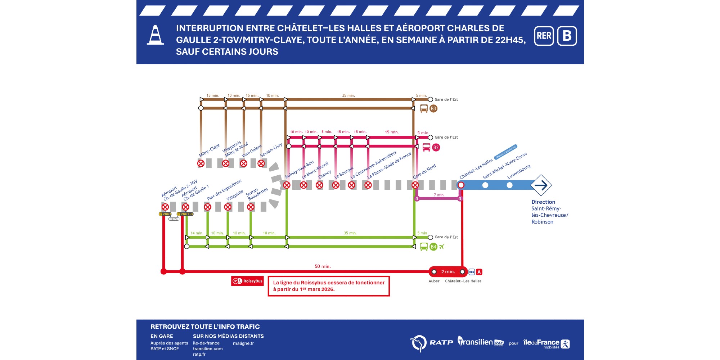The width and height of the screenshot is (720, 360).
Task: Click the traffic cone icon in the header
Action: [155, 35]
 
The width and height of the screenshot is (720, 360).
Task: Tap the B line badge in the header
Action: [567, 36]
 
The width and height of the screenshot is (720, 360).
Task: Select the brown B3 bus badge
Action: [433, 108]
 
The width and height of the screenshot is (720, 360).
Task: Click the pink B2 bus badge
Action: [436, 147]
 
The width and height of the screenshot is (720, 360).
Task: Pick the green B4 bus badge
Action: [433, 247]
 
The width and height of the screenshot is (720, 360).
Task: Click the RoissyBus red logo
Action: [247, 281]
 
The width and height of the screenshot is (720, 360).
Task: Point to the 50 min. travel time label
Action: [323, 266]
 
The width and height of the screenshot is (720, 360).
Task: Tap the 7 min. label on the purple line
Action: [439, 195]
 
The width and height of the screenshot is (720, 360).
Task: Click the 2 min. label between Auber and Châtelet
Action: [448, 272]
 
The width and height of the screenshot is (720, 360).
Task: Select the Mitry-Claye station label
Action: [209, 150]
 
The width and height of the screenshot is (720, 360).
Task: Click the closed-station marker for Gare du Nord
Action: [415, 185]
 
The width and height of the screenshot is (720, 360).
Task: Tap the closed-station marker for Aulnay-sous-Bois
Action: [287, 185]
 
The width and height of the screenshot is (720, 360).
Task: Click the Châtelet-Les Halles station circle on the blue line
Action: [461, 185]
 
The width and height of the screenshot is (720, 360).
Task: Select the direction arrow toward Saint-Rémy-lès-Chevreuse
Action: [541, 185]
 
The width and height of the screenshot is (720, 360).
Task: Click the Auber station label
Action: [434, 281]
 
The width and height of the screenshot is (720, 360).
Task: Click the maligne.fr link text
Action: [243, 343]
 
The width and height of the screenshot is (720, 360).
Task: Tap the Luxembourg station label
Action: [519, 172]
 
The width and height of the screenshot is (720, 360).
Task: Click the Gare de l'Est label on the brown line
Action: [446, 99]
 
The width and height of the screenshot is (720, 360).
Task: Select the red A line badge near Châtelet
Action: [479, 272]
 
